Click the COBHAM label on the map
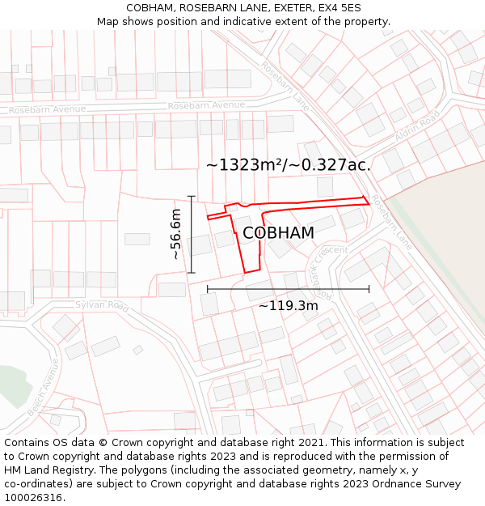[278, 233]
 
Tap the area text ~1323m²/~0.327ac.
[289, 165]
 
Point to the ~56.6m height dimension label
[176, 234]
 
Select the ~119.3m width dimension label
[288, 305]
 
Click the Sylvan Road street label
[102, 306]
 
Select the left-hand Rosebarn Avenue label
[47, 109]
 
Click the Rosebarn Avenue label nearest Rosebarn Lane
[206, 105]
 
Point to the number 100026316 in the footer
[32, 498]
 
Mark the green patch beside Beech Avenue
[12, 381]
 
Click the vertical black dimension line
[192, 234]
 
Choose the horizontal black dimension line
[288, 288]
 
